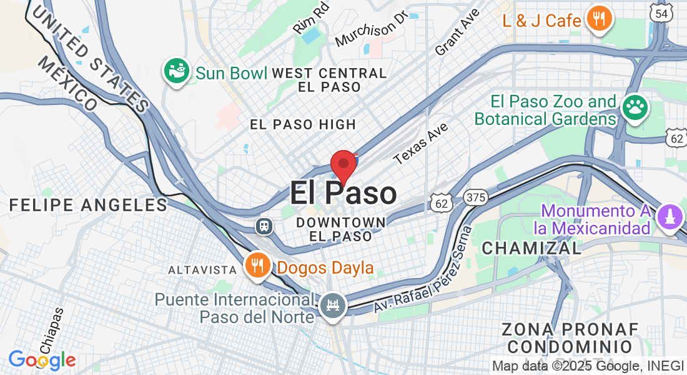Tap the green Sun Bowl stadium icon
[177, 72]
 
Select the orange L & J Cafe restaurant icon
[599, 19]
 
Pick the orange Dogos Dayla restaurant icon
[257, 266]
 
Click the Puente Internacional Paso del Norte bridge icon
[332, 306]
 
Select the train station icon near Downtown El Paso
[265, 226]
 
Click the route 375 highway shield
[475, 198]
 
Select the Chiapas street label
[52, 329]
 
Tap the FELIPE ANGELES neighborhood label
[89, 205]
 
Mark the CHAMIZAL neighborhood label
[531, 248]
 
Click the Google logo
[42, 360]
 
